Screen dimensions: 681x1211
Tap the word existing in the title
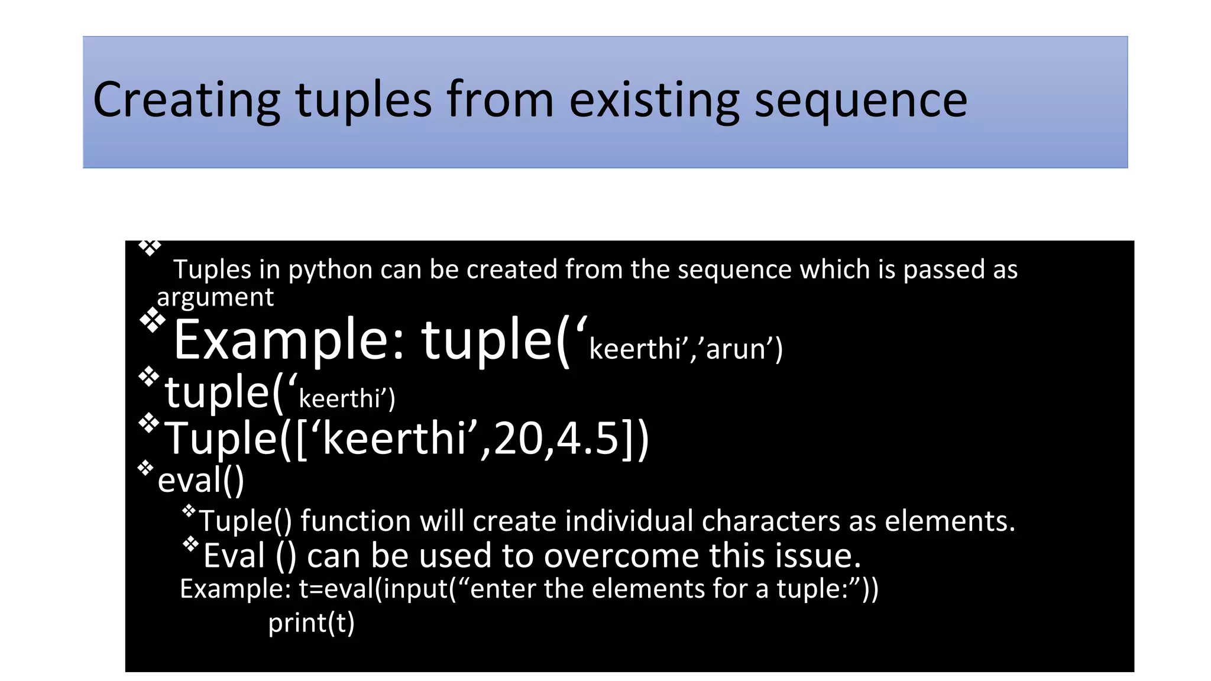(x=654, y=100)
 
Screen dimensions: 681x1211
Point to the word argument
(x=215, y=297)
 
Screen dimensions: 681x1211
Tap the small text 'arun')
(x=744, y=349)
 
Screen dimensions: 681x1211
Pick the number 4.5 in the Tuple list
(x=587, y=439)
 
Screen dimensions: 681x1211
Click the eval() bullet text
(x=200, y=479)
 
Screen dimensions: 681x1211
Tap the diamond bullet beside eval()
(x=145, y=469)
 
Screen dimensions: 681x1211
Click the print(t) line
(x=311, y=623)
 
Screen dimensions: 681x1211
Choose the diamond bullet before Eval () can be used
(x=190, y=544)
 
